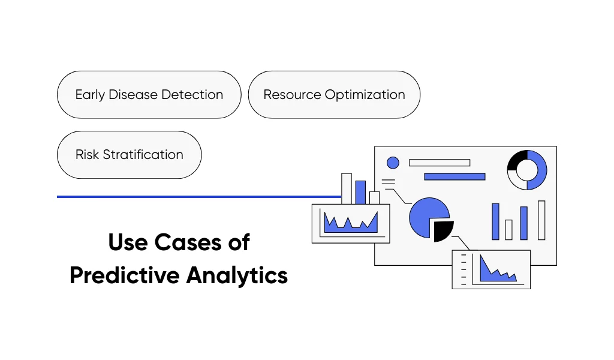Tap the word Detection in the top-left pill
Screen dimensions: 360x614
point(195,95)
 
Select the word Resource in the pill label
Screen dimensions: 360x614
point(292,95)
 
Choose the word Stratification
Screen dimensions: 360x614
point(143,154)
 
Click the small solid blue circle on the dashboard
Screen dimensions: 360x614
point(393,163)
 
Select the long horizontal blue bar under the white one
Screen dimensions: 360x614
point(455,176)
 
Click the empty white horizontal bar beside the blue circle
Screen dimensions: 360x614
point(440,163)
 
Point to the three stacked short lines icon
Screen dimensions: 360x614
point(389,182)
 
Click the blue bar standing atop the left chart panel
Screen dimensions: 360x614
point(360,192)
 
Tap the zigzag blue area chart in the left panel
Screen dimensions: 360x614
point(351,223)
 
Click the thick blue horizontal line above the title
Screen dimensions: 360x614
point(198,196)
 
